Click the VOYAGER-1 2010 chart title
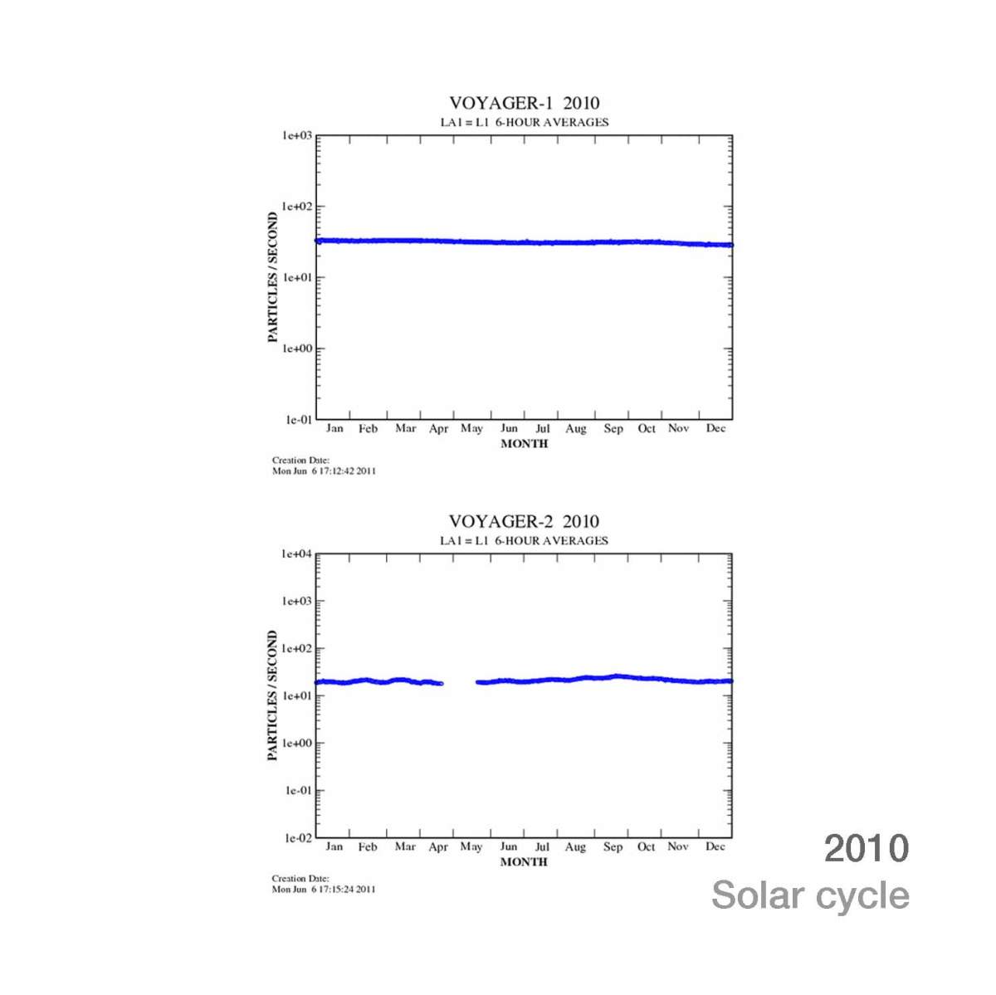point(524,103)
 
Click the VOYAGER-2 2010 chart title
point(524,521)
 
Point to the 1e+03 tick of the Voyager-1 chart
point(297,135)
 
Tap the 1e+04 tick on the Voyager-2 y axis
point(297,554)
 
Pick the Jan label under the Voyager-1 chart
point(334,428)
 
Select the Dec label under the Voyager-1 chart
point(715,428)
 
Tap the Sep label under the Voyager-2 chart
point(613,846)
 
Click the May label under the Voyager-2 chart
point(471,846)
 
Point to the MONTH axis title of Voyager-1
point(525,444)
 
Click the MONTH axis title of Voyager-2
point(524,862)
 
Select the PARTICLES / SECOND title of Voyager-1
point(273,277)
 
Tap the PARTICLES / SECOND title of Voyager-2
point(273,695)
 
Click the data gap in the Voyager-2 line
point(459,683)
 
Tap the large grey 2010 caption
point(867,848)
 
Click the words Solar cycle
point(810,895)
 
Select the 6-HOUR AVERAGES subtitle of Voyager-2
point(552,540)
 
